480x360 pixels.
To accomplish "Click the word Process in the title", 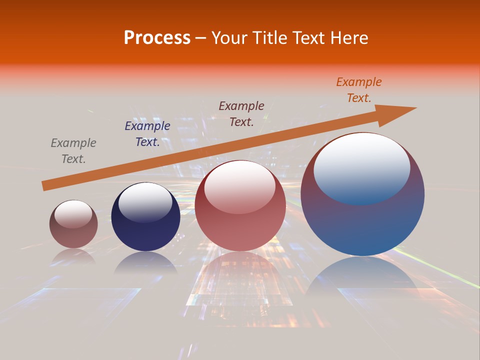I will point(157,38).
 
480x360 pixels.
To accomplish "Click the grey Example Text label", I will point(73,150).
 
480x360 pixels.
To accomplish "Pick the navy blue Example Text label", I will point(147,134).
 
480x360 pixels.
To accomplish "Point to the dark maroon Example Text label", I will point(241,113).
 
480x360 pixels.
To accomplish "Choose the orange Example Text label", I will point(359,90).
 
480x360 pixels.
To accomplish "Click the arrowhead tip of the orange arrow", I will point(415,108).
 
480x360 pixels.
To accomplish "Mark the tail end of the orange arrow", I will point(43,186).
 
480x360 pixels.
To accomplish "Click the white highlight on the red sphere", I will point(240,186).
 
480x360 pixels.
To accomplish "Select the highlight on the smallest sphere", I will point(73,214).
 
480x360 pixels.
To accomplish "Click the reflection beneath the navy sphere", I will point(145,263).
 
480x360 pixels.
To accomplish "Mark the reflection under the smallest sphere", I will point(73,256).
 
